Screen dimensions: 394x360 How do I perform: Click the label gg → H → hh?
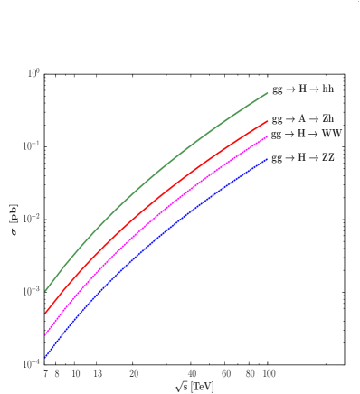point(303,90)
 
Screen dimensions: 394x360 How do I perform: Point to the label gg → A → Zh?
point(303,118)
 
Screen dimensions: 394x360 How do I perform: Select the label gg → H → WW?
point(307,135)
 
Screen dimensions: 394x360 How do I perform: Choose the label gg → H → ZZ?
point(304,158)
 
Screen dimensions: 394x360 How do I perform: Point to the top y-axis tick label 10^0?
point(33,72)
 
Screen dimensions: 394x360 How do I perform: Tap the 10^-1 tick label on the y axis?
point(32,145)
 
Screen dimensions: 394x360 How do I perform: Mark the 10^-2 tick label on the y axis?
point(32,218)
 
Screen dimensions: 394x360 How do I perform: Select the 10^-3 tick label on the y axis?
point(32,291)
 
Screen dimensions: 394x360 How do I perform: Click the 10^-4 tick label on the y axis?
point(32,363)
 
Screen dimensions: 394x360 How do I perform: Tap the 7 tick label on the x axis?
point(45,374)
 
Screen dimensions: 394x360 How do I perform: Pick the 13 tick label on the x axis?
point(98,374)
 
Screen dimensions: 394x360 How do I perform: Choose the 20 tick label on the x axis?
point(134,374)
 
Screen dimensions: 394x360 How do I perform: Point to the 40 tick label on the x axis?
point(192,374)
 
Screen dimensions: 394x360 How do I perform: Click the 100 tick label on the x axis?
point(268,374)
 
